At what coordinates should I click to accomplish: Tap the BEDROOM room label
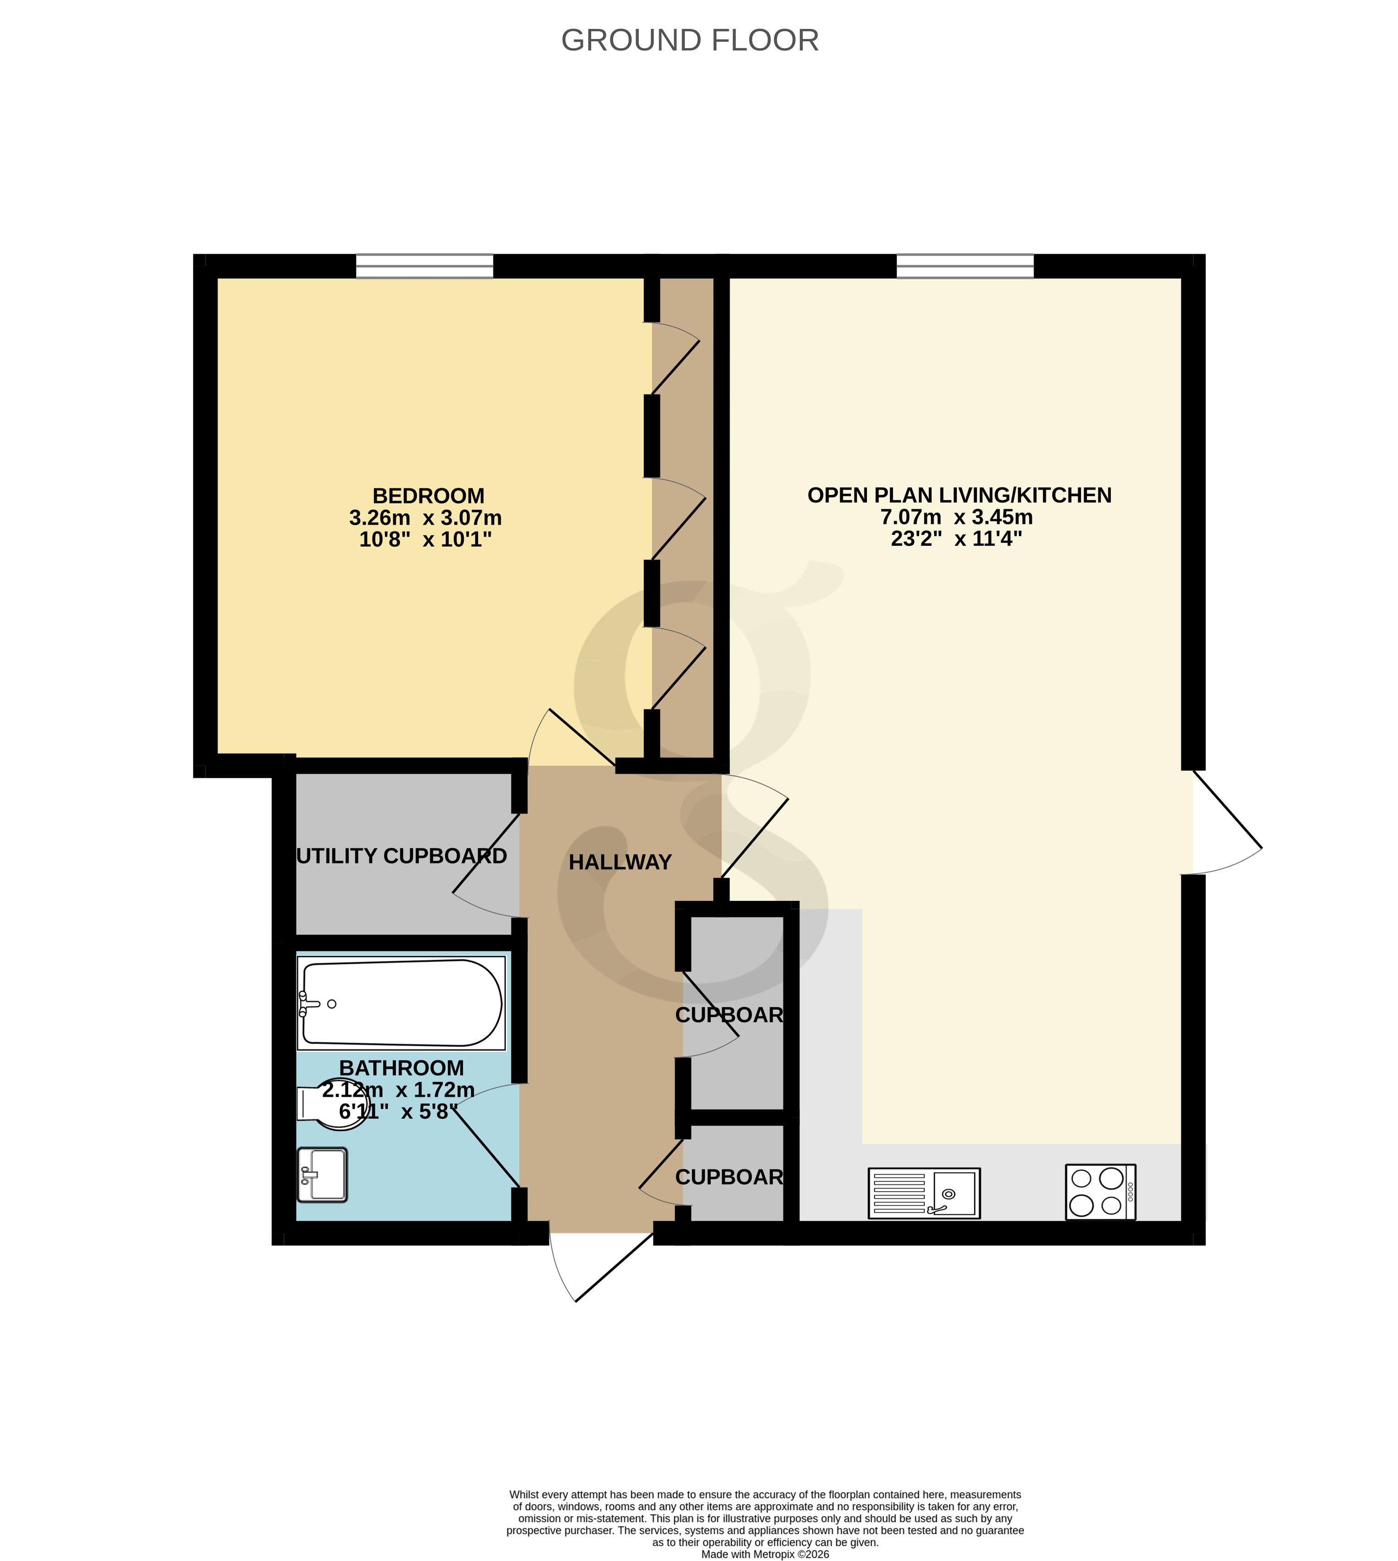428,496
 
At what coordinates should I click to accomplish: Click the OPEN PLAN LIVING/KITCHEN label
959,495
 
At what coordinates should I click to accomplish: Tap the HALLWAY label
620,862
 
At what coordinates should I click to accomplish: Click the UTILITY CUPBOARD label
401,856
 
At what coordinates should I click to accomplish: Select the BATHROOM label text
401,1068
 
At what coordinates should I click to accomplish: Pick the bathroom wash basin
323,1175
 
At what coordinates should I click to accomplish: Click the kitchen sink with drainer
923,1193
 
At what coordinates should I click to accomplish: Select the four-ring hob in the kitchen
1100,1193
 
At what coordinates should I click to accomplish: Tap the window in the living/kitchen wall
965,267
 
